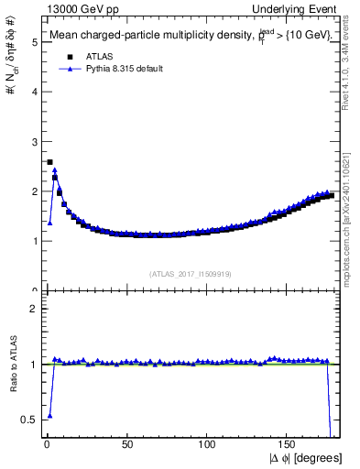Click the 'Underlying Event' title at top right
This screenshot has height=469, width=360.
295,8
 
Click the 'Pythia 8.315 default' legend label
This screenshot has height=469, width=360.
116,69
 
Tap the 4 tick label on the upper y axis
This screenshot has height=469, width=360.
33,92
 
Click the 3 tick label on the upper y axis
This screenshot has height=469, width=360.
33,142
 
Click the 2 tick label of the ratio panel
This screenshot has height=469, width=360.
33,310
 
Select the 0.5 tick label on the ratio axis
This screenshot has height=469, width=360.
29,420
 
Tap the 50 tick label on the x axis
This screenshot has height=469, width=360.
126,446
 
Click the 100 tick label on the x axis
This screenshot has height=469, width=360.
207,446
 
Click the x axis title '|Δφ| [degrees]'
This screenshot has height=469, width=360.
304,459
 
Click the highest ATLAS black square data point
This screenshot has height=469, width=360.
49,162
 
